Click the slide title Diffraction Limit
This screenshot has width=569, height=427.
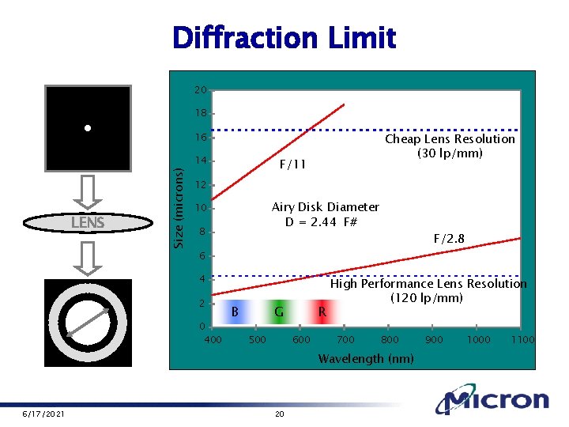pos(284,37)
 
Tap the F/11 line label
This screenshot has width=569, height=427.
pos(292,164)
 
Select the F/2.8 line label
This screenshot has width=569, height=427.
pos(450,238)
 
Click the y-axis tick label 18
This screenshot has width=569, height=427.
pos(201,113)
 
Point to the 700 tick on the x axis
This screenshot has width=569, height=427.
pos(345,339)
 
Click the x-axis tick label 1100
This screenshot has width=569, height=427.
pos(523,339)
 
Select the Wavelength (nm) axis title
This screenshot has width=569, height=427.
pos(365,359)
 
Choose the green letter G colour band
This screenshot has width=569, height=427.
pos(279,312)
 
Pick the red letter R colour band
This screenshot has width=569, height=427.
pos(322,312)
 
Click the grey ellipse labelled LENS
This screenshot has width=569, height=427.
pos(88,223)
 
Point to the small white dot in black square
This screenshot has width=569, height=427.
pos(88,127)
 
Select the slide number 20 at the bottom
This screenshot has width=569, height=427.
pos(277,414)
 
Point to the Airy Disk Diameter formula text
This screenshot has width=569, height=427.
pos(325,213)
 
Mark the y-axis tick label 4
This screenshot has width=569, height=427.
pos(202,279)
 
